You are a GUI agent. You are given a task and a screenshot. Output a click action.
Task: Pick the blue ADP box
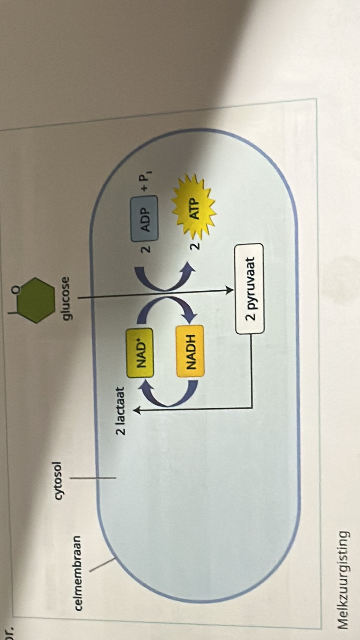[x=144, y=215]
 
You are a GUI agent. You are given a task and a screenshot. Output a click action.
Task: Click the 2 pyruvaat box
[x=250, y=289]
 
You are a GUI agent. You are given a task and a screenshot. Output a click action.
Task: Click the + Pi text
[x=146, y=182]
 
